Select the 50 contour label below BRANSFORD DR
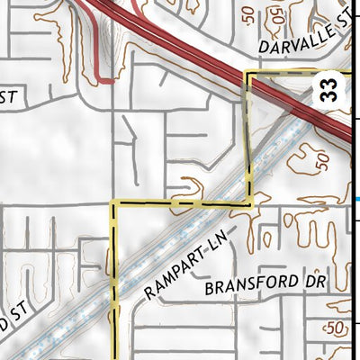[x=337, y=328]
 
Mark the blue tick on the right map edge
[x=357, y=199]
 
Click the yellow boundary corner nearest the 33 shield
[x=248, y=75]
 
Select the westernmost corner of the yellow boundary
[x=112, y=204]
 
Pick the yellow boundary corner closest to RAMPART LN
[x=248, y=204]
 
